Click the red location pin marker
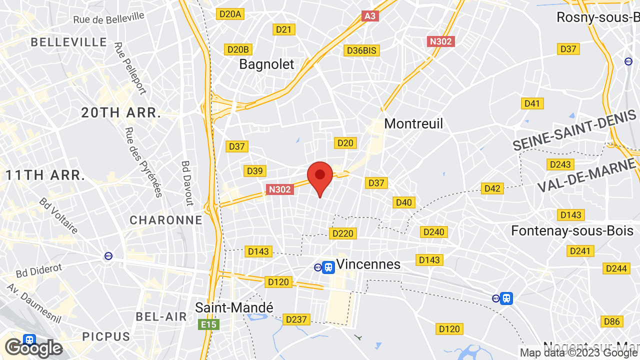coord(320,177)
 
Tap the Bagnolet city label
coord(266,64)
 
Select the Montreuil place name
coord(413,123)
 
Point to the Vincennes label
coord(368,264)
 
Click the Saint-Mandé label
coord(234,307)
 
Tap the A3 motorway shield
coord(370,16)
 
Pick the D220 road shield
coord(342,233)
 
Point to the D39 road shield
coord(254,171)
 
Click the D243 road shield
coord(560,164)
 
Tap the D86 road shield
coord(612,321)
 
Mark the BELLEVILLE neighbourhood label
coord(69,42)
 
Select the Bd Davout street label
coord(187,183)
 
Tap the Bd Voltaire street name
coord(59,216)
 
